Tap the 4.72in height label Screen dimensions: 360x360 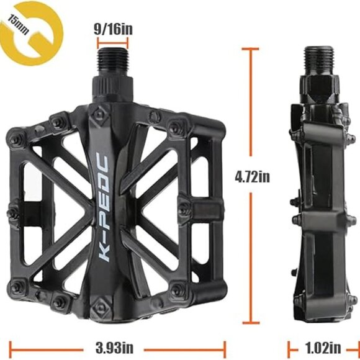(252, 177)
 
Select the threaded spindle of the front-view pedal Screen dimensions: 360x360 (112, 61)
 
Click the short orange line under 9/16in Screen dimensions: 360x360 (112, 45)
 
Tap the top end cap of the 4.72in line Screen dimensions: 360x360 (251, 48)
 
